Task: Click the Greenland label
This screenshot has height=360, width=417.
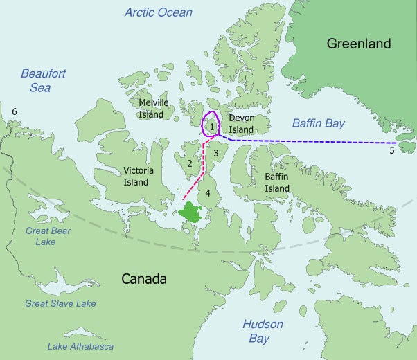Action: [359, 44]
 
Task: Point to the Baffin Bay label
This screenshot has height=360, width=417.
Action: [318, 123]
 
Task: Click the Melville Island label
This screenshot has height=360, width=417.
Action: [154, 107]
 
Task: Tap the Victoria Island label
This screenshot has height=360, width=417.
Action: [136, 177]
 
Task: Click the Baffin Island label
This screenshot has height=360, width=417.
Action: [277, 183]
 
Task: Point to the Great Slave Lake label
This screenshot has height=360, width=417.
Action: [60, 303]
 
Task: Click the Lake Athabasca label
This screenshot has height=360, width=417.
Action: [80, 346]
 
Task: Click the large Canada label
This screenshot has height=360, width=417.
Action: [144, 279]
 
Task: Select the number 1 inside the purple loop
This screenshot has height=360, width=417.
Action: [211, 126]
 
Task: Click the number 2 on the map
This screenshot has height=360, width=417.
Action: [188, 163]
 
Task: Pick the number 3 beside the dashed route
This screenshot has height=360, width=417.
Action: [216, 152]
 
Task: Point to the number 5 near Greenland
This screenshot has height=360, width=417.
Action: [391, 149]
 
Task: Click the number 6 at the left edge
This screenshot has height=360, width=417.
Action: [14, 111]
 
